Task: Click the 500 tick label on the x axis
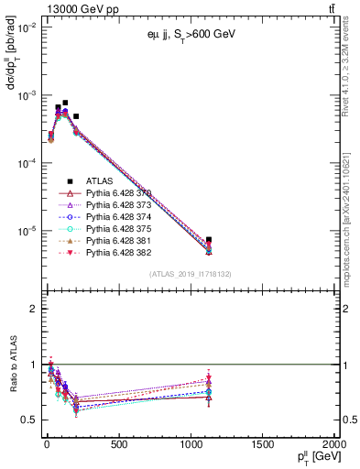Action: point(117,444)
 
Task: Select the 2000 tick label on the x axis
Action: point(334,444)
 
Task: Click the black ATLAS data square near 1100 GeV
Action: point(209,240)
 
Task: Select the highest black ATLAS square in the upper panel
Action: point(65,104)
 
